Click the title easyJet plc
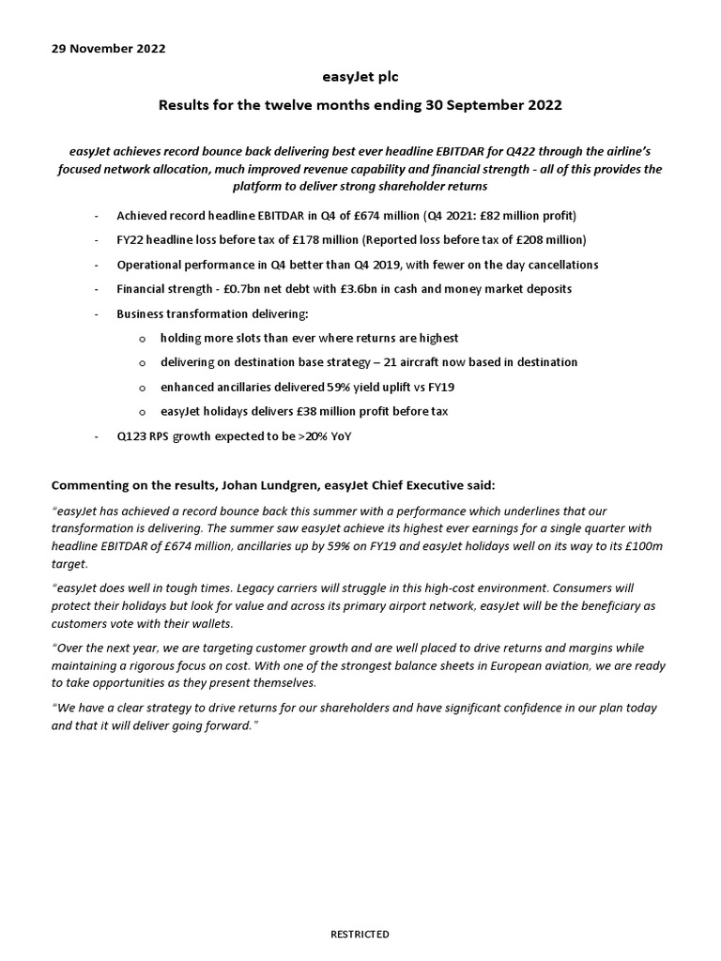tap(360, 77)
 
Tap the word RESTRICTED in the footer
tap(360, 935)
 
